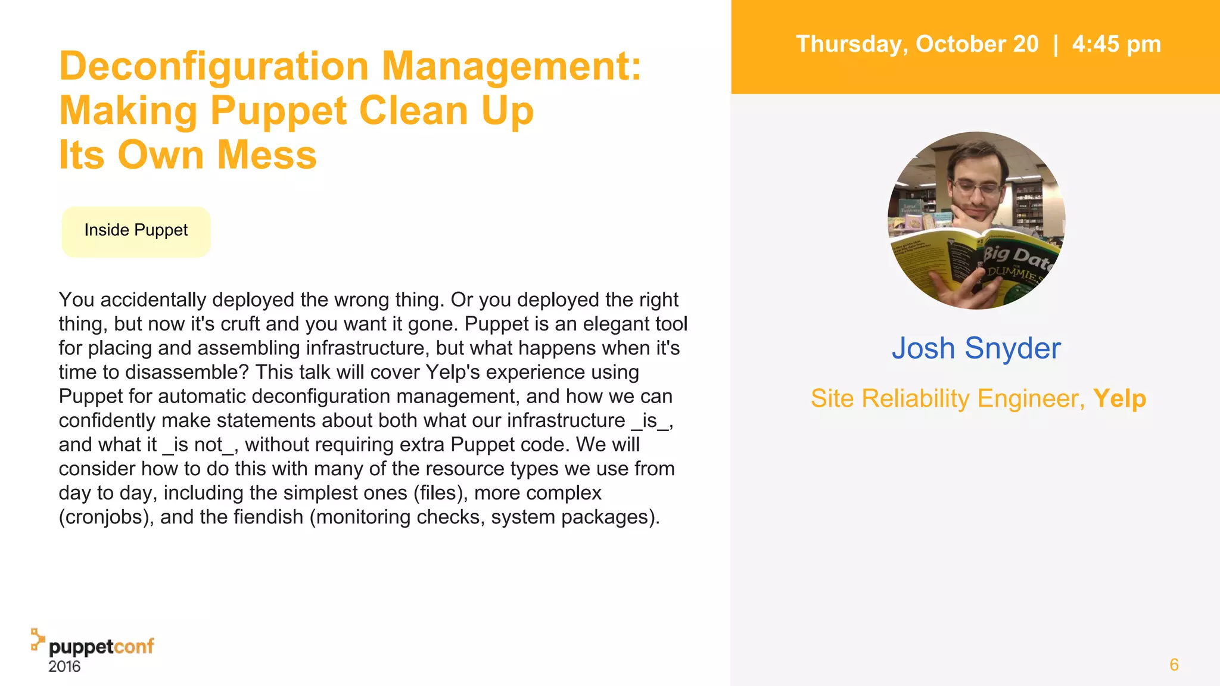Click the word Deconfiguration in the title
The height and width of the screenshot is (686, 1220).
point(214,66)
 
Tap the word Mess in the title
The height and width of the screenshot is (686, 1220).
point(266,155)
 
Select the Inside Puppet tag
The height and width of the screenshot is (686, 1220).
point(136,231)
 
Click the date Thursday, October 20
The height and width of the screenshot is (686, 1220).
point(917,45)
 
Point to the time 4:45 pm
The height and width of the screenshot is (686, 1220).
point(1116,45)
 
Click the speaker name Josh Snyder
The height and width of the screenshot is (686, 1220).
point(976,348)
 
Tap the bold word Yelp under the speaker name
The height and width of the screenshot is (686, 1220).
point(1119,398)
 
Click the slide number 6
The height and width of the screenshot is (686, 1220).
point(1174,665)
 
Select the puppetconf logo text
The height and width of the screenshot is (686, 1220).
point(101,647)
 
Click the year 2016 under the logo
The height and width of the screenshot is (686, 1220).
point(64,666)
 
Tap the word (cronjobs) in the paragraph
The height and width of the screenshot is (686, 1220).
point(106,517)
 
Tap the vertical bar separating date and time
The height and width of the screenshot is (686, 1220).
point(1056,45)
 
